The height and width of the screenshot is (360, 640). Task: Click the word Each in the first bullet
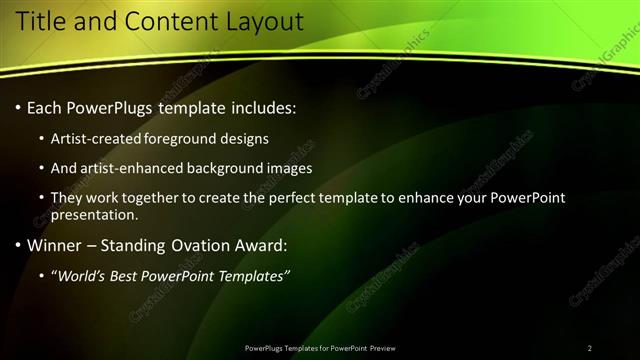pyautogui.click(x=44, y=107)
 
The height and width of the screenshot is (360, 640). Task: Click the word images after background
pyautogui.click(x=289, y=168)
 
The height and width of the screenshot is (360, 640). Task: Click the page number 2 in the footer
pyautogui.click(x=589, y=348)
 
